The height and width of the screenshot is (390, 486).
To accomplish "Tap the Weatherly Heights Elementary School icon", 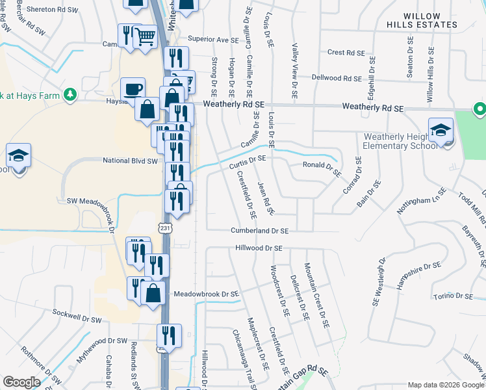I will (x=441, y=129).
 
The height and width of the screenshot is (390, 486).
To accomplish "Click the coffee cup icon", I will (x=133, y=89).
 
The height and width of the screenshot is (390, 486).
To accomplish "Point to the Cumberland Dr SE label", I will (x=260, y=231).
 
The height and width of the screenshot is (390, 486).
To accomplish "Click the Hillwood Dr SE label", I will (x=259, y=248).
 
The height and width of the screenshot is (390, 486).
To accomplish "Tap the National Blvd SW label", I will (x=131, y=160).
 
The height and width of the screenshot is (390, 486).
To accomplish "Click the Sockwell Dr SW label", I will (x=77, y=320).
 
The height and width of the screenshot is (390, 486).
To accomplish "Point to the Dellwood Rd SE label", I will (x=336, y=78).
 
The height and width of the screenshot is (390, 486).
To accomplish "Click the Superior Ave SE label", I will (x=214, y=40).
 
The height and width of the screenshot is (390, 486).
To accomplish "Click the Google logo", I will (x=21, y=382).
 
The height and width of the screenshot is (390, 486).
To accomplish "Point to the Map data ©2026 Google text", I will (x=445, y=385).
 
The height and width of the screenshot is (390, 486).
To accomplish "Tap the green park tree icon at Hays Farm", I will (x=70, y=95).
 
